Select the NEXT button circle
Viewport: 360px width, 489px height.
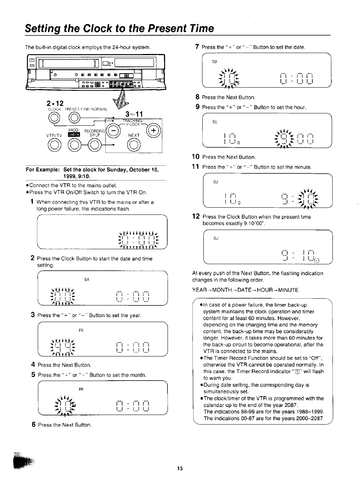click(134, 144)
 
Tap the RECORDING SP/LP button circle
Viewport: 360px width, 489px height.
click(94, 145)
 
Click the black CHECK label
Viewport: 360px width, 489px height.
click(74, 134)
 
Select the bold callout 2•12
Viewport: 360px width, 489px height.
click(55, 103)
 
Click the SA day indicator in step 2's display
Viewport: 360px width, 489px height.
click(87, 279)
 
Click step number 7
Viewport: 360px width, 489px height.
click(197, 47)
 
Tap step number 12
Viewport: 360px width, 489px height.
click(195, 216)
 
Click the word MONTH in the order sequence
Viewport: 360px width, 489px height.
click(219, 290)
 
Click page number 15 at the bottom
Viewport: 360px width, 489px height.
click(180, 468)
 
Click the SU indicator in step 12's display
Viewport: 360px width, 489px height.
click(215, 238)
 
